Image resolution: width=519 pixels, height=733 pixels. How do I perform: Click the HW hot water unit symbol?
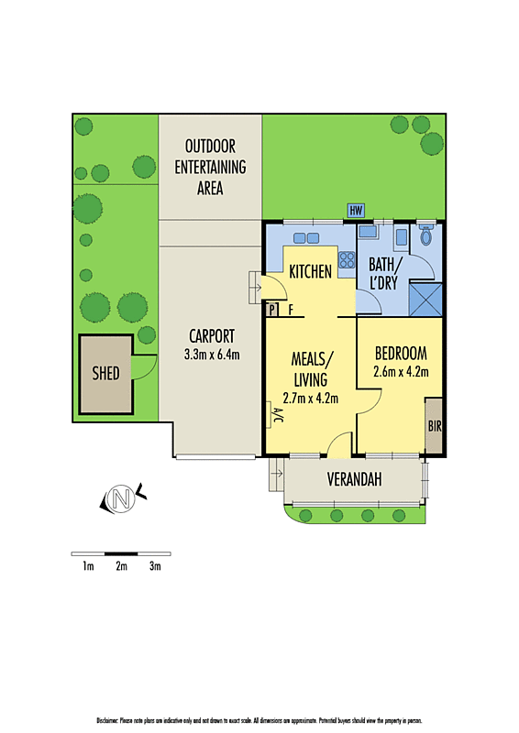[357, 211]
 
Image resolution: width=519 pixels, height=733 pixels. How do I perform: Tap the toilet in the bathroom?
[424, 237]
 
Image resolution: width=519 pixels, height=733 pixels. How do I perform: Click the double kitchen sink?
[306, 238]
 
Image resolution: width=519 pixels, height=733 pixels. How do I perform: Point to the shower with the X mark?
[424, 296]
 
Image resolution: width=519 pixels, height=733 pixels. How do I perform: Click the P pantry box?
[272, 310]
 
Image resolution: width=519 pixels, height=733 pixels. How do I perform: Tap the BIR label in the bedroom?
[434, 426]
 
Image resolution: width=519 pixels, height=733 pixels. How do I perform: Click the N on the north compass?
[119, 499]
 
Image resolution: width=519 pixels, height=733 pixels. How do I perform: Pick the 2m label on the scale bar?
[121, 567]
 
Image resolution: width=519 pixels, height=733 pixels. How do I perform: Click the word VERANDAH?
[354, 479]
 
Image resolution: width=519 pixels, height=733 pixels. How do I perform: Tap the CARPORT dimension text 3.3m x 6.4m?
[212, 354]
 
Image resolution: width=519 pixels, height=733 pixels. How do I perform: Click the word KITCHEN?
[310, 272]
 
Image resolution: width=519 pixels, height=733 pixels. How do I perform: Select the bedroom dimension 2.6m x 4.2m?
[402, 371]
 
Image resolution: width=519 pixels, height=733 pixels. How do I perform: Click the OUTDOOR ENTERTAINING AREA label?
[210, 167]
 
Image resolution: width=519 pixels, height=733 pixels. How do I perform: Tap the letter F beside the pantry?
[291, 310]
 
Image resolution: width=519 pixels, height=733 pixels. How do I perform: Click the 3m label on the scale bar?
[155, 567]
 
